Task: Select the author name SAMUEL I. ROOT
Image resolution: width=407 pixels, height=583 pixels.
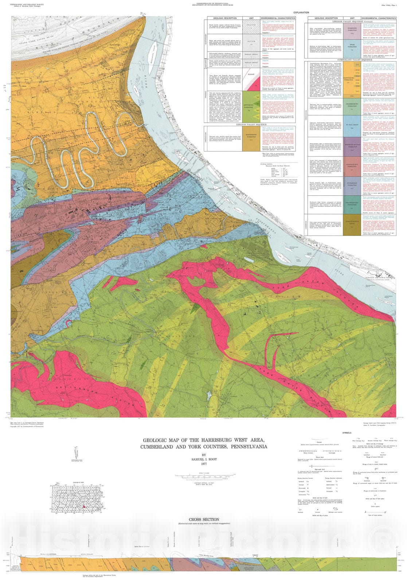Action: (x=204, y=459)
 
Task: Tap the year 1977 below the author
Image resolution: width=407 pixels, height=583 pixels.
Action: (x=204, y=464)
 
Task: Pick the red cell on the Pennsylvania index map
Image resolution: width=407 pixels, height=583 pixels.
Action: (x=85, y=506)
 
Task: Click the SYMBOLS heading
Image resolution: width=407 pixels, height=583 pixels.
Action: (x=347, y=433)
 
